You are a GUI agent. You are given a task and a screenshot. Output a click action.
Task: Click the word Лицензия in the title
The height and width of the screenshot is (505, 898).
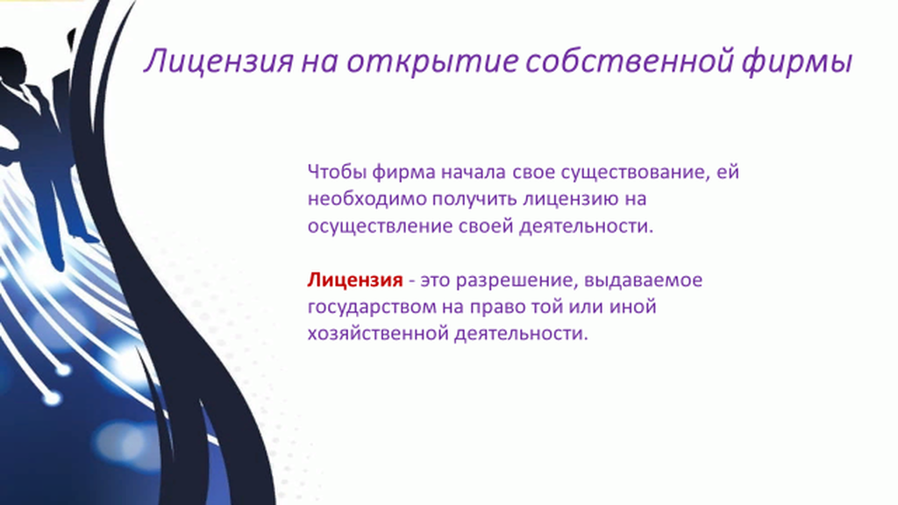pos(218,60)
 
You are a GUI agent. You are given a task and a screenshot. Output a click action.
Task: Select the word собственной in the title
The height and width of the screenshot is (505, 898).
pos(629,60)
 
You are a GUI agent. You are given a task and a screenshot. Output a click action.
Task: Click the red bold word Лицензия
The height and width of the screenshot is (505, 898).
pos(355,280)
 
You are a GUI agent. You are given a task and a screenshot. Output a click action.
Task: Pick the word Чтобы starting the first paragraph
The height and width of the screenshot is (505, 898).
pos(337,172)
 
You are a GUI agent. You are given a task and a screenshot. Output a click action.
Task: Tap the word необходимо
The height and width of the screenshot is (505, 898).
pos(367,199)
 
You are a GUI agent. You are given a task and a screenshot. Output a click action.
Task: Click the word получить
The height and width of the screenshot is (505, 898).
pos(474,199)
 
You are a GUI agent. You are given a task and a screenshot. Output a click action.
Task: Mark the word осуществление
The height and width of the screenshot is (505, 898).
pos(381,226)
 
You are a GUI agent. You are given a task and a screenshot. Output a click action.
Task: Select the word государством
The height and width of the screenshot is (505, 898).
pos(371,308)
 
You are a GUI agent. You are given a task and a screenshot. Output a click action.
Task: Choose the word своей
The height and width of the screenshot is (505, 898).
pos(486,226)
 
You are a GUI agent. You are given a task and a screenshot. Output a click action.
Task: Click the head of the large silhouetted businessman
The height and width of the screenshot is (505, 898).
pos(12,64)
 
